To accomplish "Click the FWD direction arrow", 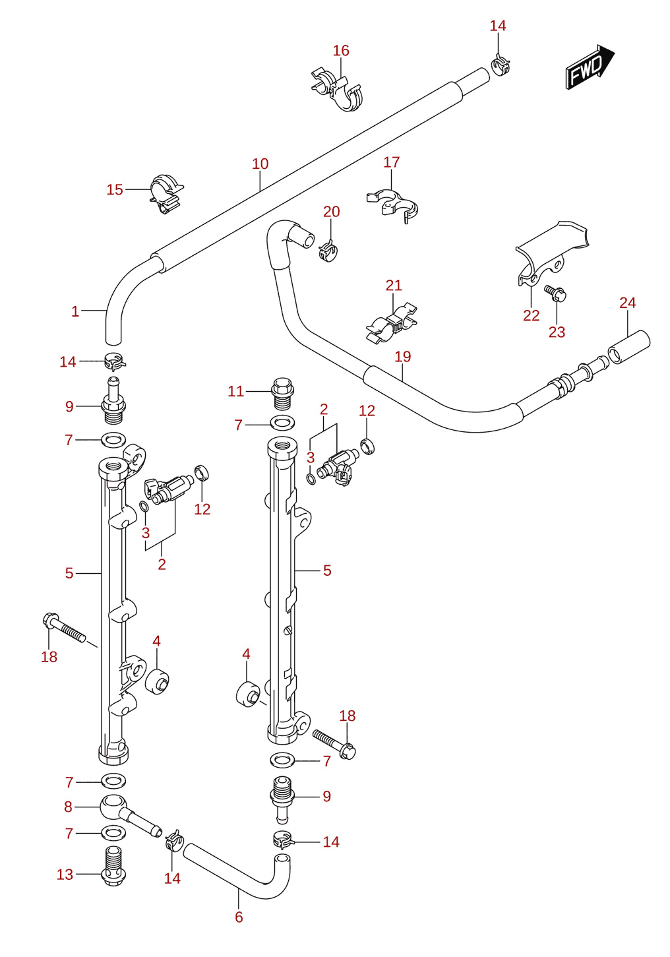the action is point(590,67).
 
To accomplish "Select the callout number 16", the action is point(341,51).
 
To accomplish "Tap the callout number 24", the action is point(628,303).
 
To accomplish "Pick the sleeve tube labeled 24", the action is point(628,348).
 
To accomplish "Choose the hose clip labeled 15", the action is point(166,193).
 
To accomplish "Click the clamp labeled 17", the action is point(392,205).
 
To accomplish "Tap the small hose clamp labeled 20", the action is point(328,252).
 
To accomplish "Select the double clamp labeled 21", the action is point(392,323).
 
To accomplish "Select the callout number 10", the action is point(260,164).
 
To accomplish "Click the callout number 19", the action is point(402,356).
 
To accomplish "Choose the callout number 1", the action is point(75,311).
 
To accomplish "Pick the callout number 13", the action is point(65,875).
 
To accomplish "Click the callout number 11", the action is point(235,391).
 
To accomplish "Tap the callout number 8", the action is point(69,807).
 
